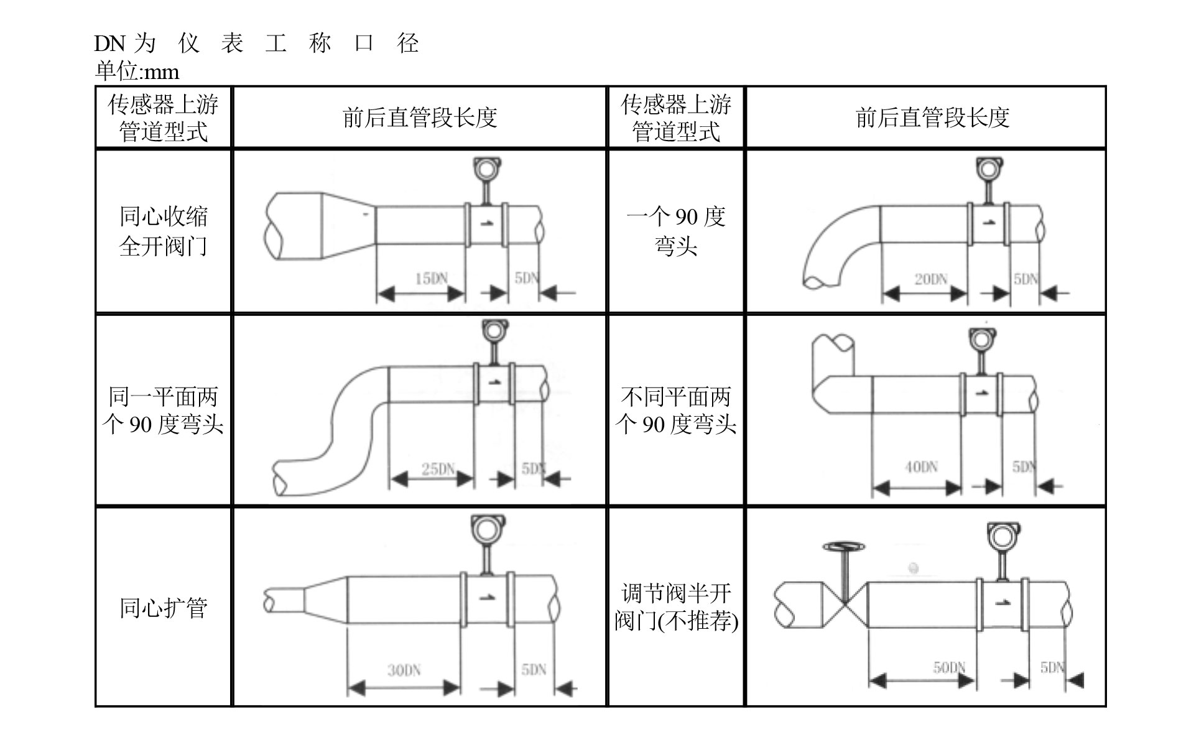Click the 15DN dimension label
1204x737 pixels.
click(431, 279)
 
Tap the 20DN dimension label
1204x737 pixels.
click(930, 279)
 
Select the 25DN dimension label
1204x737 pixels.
click(438, 469)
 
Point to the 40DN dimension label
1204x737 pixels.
click(921, 467)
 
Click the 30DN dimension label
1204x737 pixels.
click(404, 670)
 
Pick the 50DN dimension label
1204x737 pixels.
click(949, 668)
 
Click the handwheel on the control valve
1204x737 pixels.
click(843, 547)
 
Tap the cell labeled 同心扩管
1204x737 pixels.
click(163, 608)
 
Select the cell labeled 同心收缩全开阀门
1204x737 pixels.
click(163, 231)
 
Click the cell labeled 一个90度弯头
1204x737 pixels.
click(676, 231)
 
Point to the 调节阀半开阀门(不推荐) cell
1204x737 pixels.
click(676, 608)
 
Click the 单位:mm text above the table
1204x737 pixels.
click(137, 72)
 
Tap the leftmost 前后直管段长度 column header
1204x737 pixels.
click(420, 118)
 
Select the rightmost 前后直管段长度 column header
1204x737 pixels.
click(932, 118)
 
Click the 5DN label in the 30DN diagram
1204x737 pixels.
click(534, 670)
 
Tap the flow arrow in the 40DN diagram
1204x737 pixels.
click(982, 393)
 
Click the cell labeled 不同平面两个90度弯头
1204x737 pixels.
click(676, 410)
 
